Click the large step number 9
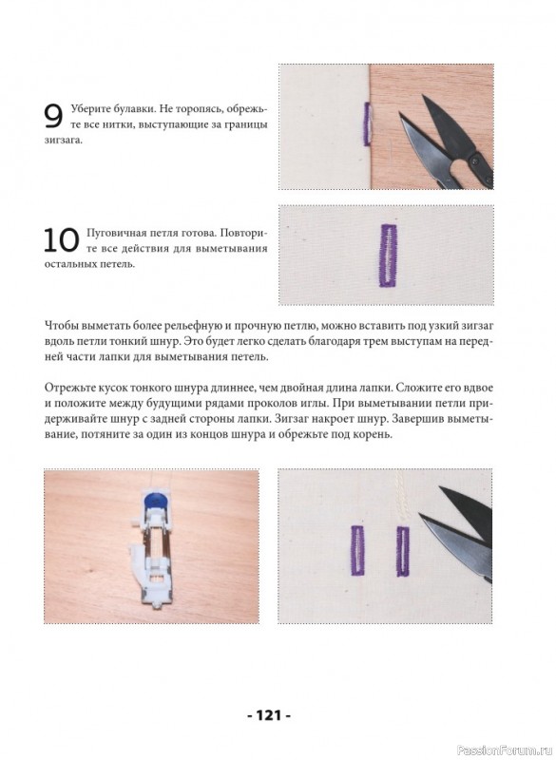(53, 117)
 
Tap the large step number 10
(62, 240)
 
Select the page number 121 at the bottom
(269, 715)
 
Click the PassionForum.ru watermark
(504, 750)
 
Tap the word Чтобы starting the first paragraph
(61, 325)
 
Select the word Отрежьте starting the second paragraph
(67, 389)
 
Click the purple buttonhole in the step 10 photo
(389, 255)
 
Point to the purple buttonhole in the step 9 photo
(368, 124)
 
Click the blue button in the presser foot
(153, 499)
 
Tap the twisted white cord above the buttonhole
(402, 497)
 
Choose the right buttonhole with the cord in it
(403, 551)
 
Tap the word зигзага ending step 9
(63, 141)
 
